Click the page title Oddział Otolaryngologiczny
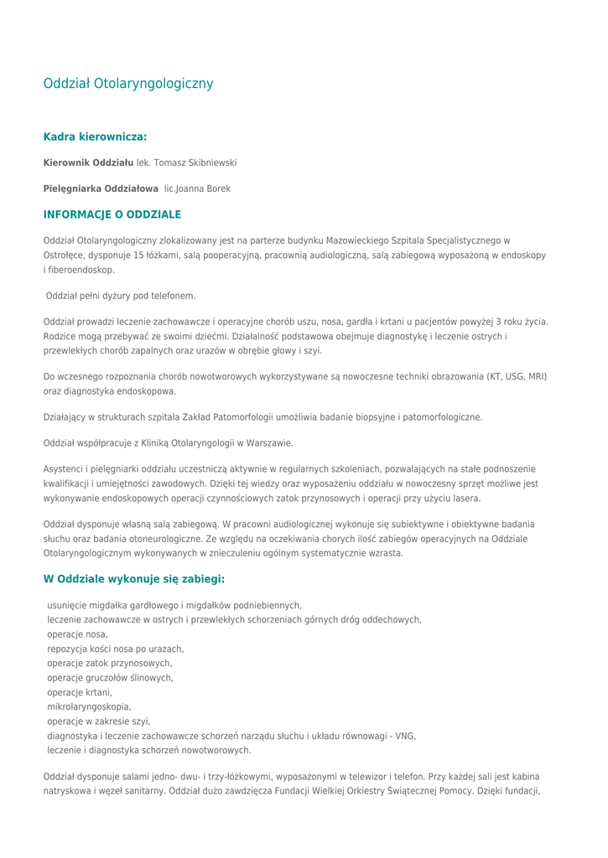click(x=128, y=84)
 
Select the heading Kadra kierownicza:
click(x=95, y=136)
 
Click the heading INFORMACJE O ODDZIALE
click(x=112, y=215)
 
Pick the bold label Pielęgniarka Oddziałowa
click(x=101, y=189)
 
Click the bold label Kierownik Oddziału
click(x=88, y=163)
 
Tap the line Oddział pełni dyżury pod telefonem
click(x=121, y=296)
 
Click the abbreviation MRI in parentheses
click(x=536, y=377)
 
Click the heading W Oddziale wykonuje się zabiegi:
click(x=134, y=579)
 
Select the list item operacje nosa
click(x=77, y=634)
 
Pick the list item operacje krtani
click(x=80, y=692)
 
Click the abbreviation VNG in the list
click(x=406, y=736)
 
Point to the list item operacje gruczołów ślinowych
click(x=110, y=678)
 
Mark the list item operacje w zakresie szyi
click(x=98, y=721)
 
